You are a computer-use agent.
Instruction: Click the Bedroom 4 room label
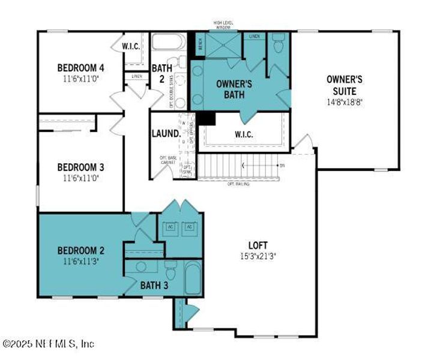click(x=82, y=67)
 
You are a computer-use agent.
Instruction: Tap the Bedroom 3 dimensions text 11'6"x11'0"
click(x=82, y=178)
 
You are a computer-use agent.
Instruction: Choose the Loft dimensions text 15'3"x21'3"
click(x=259, y=256)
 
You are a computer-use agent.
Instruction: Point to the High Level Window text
click(x=223, y=25)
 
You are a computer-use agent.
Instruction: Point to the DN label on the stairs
click(x=282, y=165)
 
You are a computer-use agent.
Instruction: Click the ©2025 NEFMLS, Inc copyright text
click(x=49, y=344)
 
